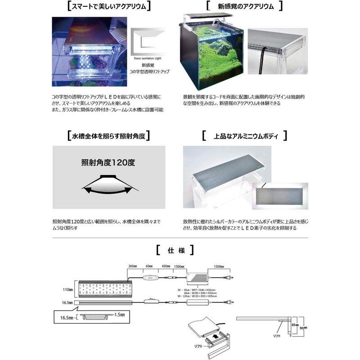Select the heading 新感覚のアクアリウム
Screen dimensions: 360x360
pos(243,7)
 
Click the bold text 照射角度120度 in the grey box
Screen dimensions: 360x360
pos(108,162)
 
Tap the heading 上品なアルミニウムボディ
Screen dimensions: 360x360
pos(245,135)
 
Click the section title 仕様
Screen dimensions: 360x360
pos(175,249)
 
